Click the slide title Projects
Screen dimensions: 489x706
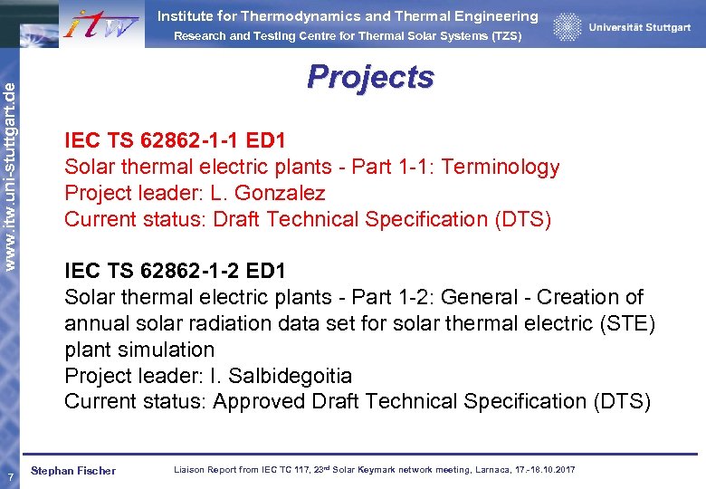tap(370, 77)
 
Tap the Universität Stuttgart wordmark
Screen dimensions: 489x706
tap(639, 27)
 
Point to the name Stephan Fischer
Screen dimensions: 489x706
tap(73, 470)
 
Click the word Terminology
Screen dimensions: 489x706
tap(501, 167)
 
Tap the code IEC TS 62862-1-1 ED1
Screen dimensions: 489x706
tap(175, 140)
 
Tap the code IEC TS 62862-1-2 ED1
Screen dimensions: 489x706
tap(175, 271)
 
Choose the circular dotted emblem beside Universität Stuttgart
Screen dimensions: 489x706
tap(568, 27)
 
